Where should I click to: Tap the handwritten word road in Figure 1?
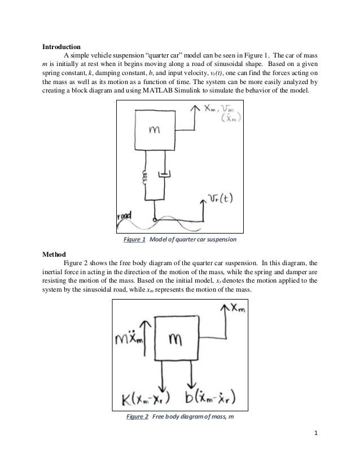click(x=125, y=216)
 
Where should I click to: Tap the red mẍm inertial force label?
click(x=131, y=340)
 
